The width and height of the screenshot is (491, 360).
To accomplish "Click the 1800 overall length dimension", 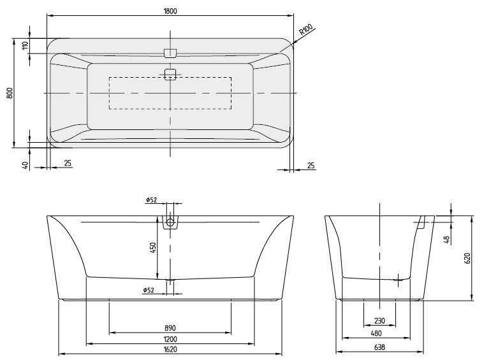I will coord(170,10).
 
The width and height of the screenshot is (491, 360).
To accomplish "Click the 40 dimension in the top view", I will coord(26,164).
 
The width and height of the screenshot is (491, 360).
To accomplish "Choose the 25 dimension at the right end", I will coord(311,166).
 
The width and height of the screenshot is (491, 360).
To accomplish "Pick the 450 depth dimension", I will coord(153,247).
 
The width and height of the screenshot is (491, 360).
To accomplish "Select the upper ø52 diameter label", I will coord(151,200).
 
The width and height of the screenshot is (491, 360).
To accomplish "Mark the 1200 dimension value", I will coord(170,338).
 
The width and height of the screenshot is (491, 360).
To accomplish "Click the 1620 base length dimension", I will coord(170,349).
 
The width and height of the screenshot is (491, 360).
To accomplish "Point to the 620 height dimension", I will coord(467,258).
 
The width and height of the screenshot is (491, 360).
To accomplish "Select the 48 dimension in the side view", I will coord(446,240).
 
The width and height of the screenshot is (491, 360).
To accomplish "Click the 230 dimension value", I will coord(379,321).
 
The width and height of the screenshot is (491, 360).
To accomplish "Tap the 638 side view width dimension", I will coord(379,348).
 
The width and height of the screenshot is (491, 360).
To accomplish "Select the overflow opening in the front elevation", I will coord(170,223).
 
